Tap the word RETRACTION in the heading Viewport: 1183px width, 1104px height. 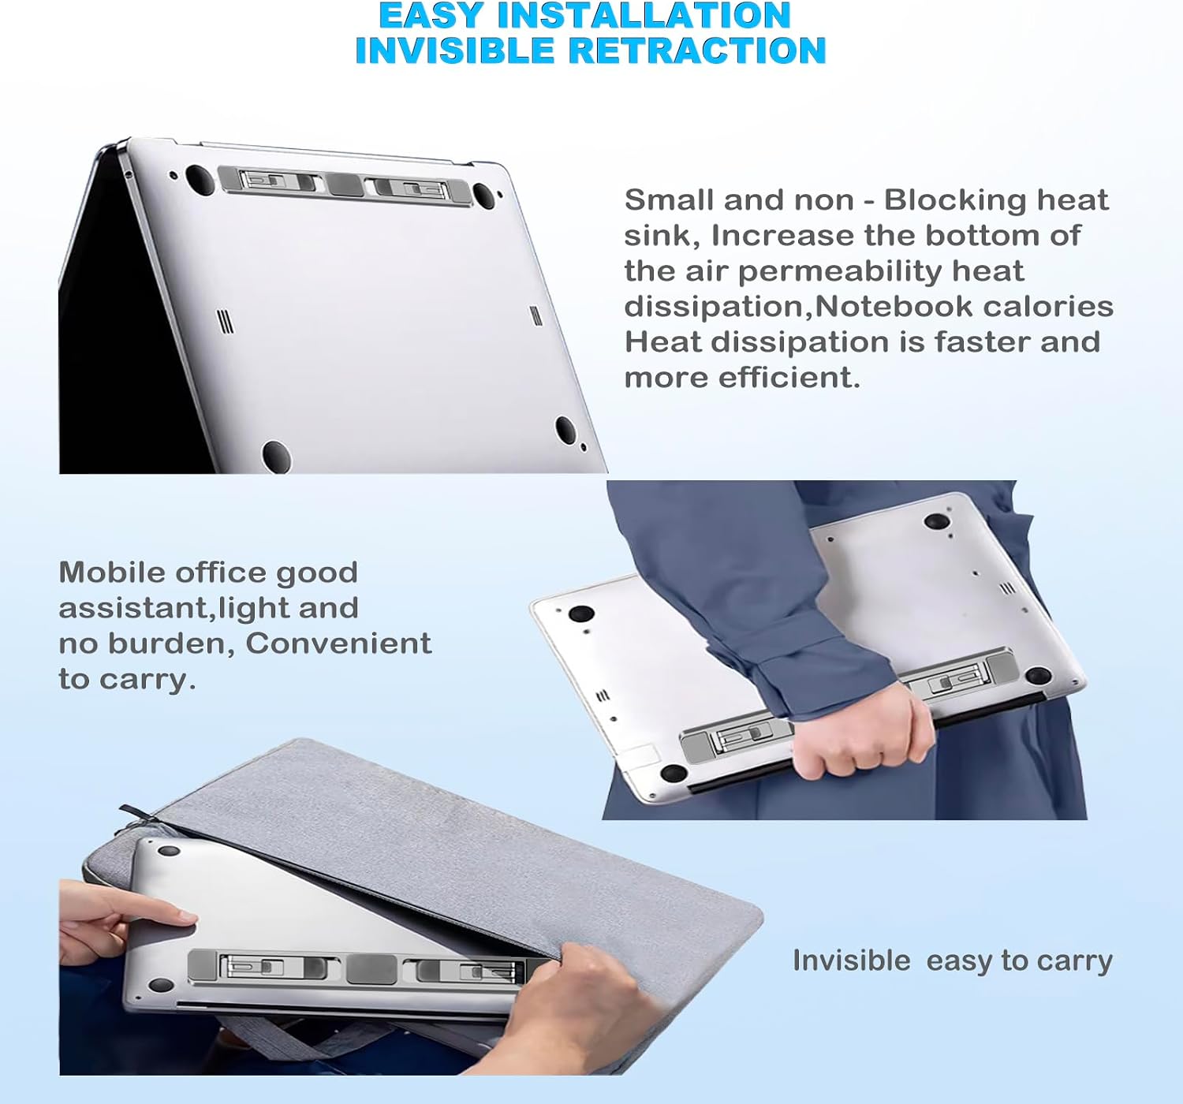click(697, 50)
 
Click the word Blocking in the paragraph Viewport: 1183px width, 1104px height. click(955, 200)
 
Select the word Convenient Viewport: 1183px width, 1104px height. click(338, 643)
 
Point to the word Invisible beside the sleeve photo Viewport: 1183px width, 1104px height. click(851, 960)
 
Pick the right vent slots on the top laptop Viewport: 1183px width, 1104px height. click(535, 315)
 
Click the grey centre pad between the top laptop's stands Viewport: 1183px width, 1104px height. click(345, 185)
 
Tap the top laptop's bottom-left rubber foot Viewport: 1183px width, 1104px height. click(276, 456)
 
